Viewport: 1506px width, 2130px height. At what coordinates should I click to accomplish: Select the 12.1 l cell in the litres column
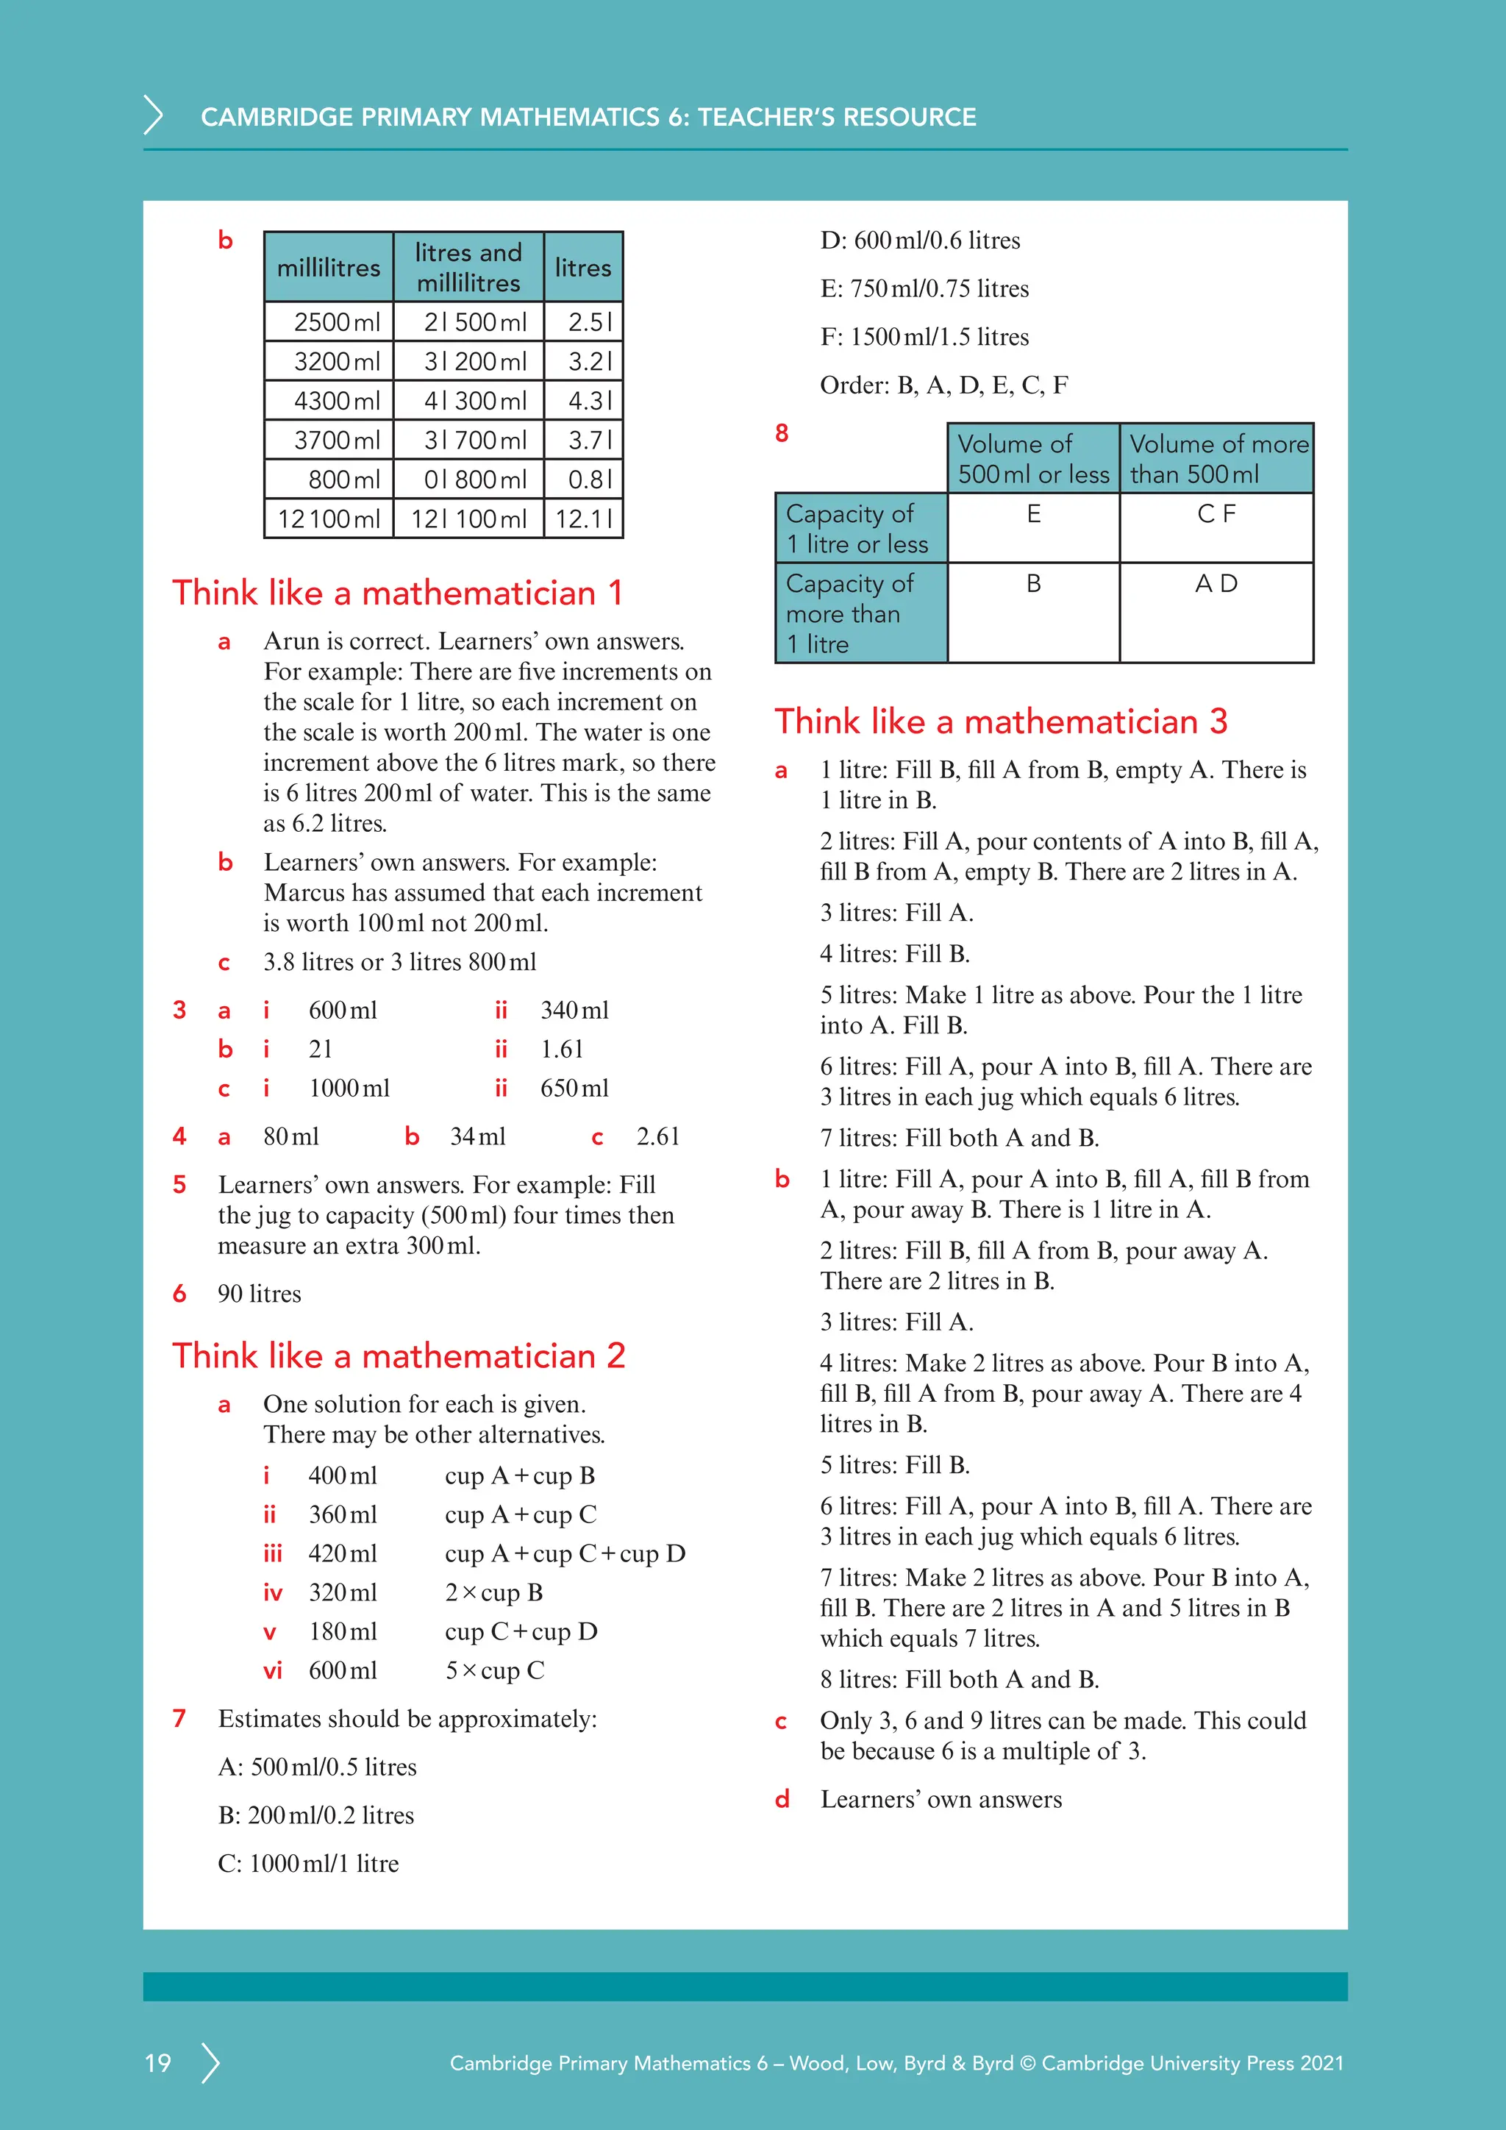coord(583,519)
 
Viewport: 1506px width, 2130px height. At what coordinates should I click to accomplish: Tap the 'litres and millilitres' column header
coord(468,267)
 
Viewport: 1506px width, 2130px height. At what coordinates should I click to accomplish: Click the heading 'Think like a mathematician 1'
coord(397,593)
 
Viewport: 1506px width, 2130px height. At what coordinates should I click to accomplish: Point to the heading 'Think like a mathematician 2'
coord(399,1356)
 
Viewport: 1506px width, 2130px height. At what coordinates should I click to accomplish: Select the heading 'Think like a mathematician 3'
coord(1001,721)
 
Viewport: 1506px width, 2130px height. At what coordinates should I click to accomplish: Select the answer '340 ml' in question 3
coord(574,1011)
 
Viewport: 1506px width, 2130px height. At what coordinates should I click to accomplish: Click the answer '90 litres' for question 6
coord(260,1294)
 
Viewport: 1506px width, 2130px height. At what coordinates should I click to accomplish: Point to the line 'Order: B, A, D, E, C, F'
coord(943,385)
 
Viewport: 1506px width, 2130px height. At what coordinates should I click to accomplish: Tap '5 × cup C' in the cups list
coord(494,1671)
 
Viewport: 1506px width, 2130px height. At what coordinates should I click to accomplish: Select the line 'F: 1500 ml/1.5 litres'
coord(924,337)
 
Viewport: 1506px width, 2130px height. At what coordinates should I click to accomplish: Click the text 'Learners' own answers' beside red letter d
coord(941,1799)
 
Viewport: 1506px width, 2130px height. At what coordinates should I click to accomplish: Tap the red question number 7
coord(179,1718)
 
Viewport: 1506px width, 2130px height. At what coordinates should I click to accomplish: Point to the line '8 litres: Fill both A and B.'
coord(959,1679)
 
